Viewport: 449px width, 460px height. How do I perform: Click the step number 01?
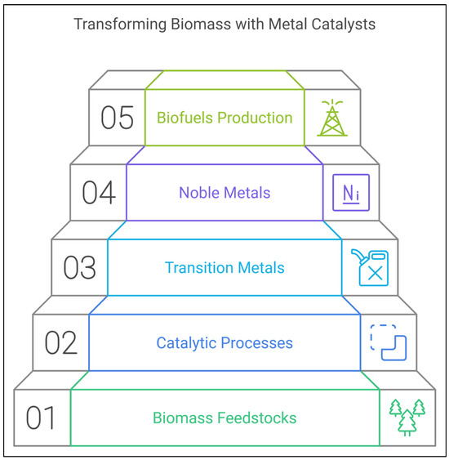click(x=41, y=418)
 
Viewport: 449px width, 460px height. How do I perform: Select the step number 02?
click(x=60, y=342)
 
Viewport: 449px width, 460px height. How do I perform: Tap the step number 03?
click(x=80, y=267)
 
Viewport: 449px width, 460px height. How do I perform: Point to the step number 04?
click(x=99, y=193)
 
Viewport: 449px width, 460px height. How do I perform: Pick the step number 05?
click(x=118, y=118)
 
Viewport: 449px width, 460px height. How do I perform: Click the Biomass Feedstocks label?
click(x=224, y=418)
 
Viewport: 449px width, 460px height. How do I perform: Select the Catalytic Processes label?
click(x=224, y=342)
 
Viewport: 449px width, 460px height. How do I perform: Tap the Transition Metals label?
click(x=224, y=267)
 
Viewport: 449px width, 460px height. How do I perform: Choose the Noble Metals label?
click(x=224, y=193)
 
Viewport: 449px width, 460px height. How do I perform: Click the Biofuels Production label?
click(x=224, y=118)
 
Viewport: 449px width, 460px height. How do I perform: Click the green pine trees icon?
click(x=407, y=417)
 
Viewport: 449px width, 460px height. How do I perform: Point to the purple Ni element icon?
click(x=350, y=193)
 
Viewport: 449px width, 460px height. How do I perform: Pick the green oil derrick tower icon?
click(x=331, y=118)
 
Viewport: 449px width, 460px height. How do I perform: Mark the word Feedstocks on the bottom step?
click(x=259, y=418)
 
